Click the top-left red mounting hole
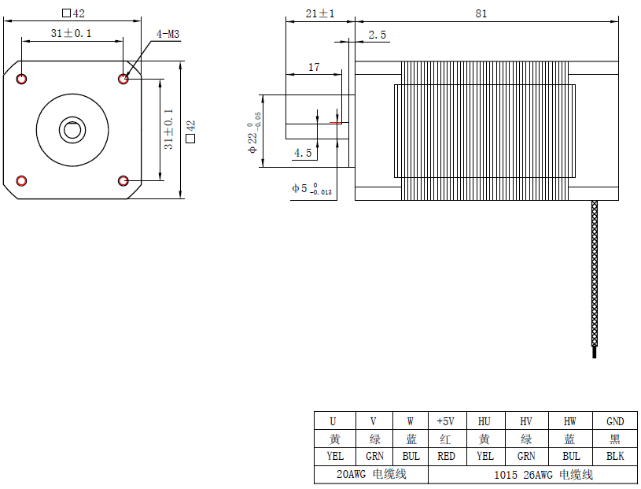pos(21,78)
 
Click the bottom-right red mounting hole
pos(123,181)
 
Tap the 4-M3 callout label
pos(168,34)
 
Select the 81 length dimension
pos(481,13)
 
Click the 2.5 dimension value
pos(378,35)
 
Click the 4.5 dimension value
pos(303,153)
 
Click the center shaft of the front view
pos(72,129)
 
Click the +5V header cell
pos(446,421)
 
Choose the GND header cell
pos(615,421)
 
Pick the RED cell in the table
pos(446,456)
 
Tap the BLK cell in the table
pos(615,456)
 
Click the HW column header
pos(570,421)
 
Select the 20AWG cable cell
pos(371,475)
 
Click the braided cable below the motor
pos(594,276)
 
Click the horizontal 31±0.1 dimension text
pos(71,33)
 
